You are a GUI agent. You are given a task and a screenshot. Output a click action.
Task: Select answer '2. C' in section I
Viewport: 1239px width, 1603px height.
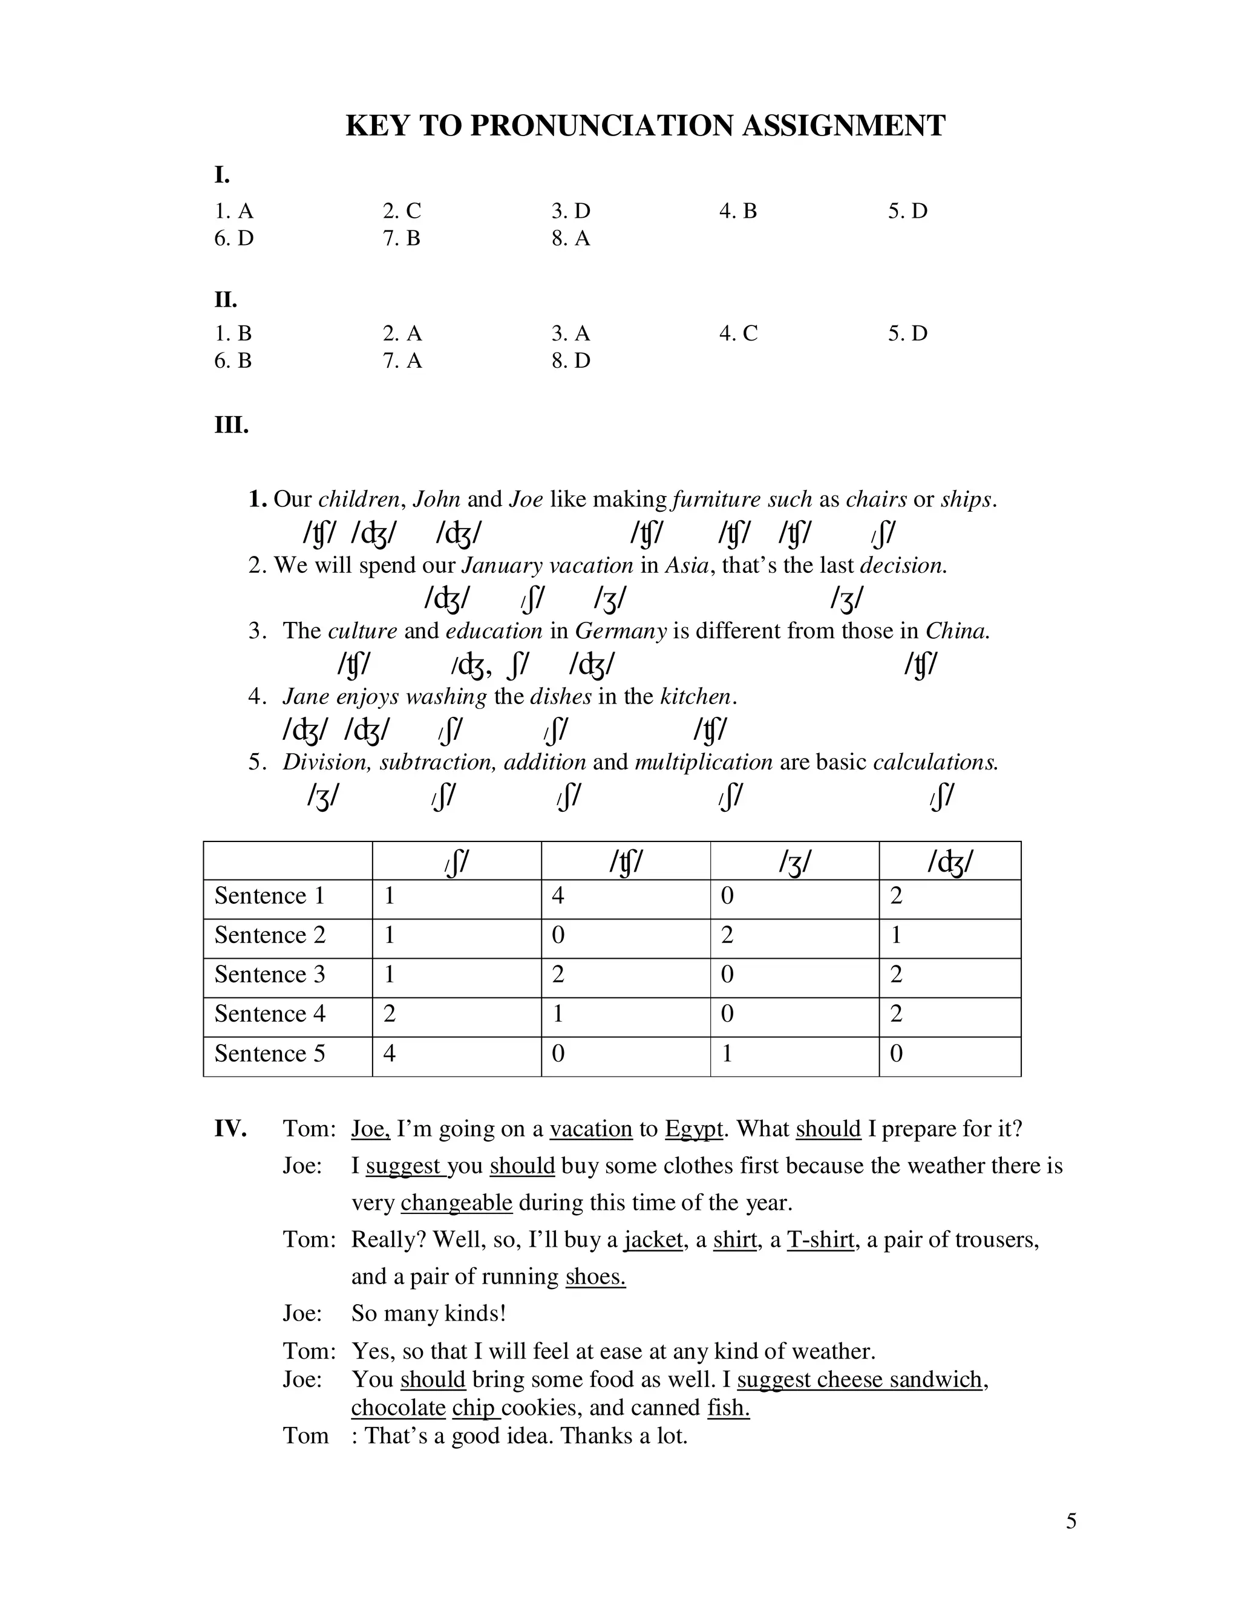402,211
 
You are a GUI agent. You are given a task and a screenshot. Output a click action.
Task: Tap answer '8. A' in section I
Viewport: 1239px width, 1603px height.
570,238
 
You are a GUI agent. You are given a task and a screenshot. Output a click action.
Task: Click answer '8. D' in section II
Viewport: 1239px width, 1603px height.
570,361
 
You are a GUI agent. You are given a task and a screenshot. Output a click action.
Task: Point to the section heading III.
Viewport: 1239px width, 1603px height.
231,425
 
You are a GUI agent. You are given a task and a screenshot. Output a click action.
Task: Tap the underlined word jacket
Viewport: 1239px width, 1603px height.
653,1239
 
